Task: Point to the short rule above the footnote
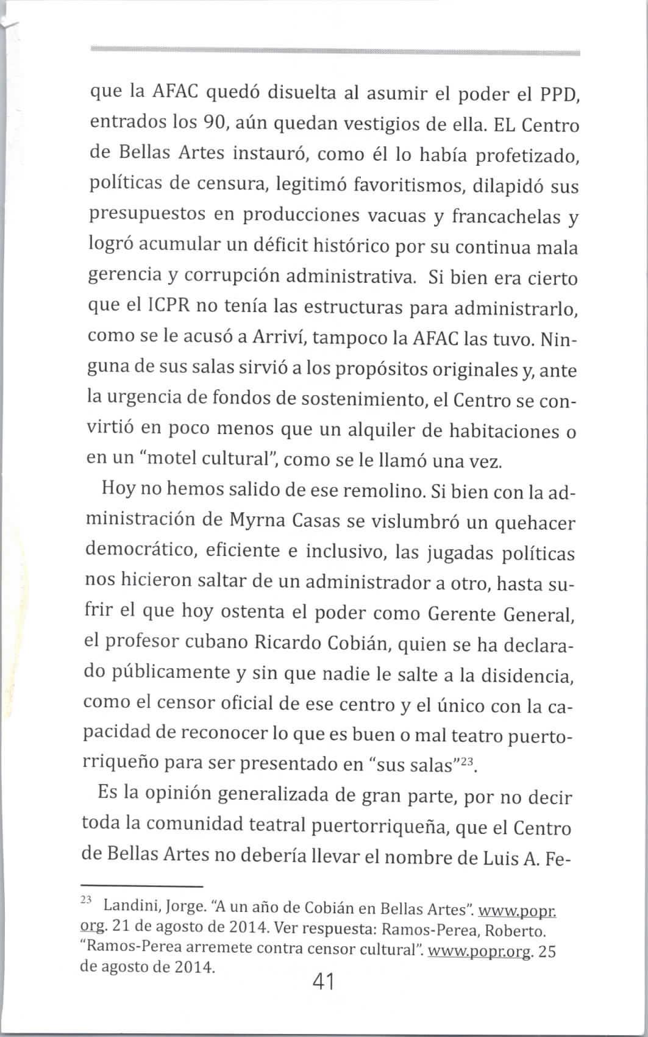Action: tap(141, 886)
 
